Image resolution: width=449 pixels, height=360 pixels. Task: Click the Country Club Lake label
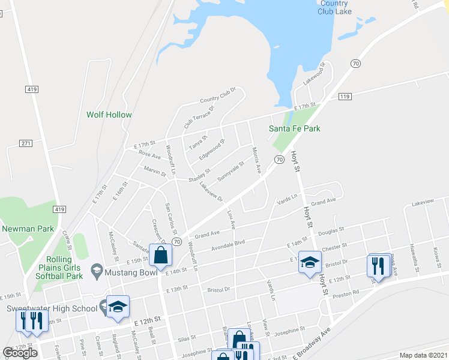click(x=334, y=7)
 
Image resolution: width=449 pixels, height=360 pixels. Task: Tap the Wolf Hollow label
click(x=109, y=115)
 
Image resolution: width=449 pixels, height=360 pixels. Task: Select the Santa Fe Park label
click(x=294, y=128)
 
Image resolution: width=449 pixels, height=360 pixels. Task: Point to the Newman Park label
click(x=28, y=228)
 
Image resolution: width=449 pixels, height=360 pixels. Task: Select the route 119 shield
click(x=345, y=96)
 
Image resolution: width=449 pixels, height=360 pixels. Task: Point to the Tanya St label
click(x=197, y=142)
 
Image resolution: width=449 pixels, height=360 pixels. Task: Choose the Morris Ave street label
click(x=256, y=160)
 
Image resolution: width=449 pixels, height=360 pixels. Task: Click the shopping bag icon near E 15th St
click(x=161, y=255)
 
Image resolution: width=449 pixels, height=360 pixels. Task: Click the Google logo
click(x=20, y=353)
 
